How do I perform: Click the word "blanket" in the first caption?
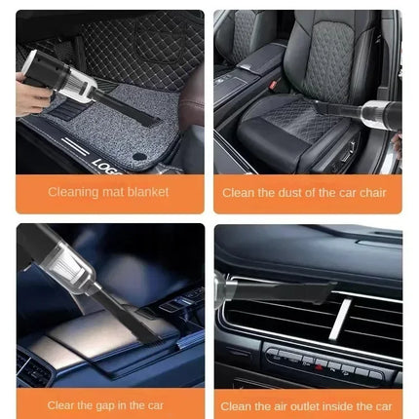pos(149,192)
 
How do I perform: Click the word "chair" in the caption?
pos(369,192)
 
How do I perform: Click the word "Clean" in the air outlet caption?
pos(237,405)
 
